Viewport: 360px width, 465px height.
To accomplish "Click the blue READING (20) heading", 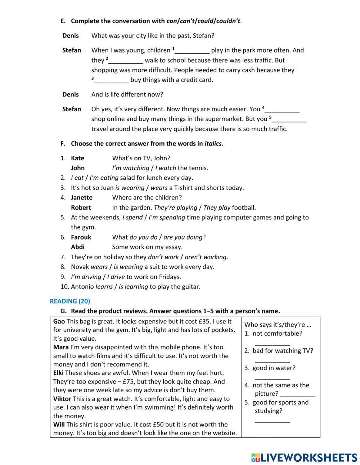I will [70, 301].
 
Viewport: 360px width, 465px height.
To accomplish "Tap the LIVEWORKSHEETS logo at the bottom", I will [304, 457].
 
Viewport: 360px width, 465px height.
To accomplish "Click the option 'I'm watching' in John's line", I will [130, 168].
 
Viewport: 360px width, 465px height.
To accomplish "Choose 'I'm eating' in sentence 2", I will [104, 178].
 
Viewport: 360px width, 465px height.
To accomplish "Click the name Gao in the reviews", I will [59, 321].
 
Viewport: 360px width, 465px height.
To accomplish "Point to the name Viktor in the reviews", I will [62, 399].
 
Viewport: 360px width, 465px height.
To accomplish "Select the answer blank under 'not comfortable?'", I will [272, 343].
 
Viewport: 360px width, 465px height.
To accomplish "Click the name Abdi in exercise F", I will [78, 247].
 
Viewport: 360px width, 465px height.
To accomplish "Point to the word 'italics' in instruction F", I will [213, 144].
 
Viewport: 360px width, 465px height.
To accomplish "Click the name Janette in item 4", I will [82, 197].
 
